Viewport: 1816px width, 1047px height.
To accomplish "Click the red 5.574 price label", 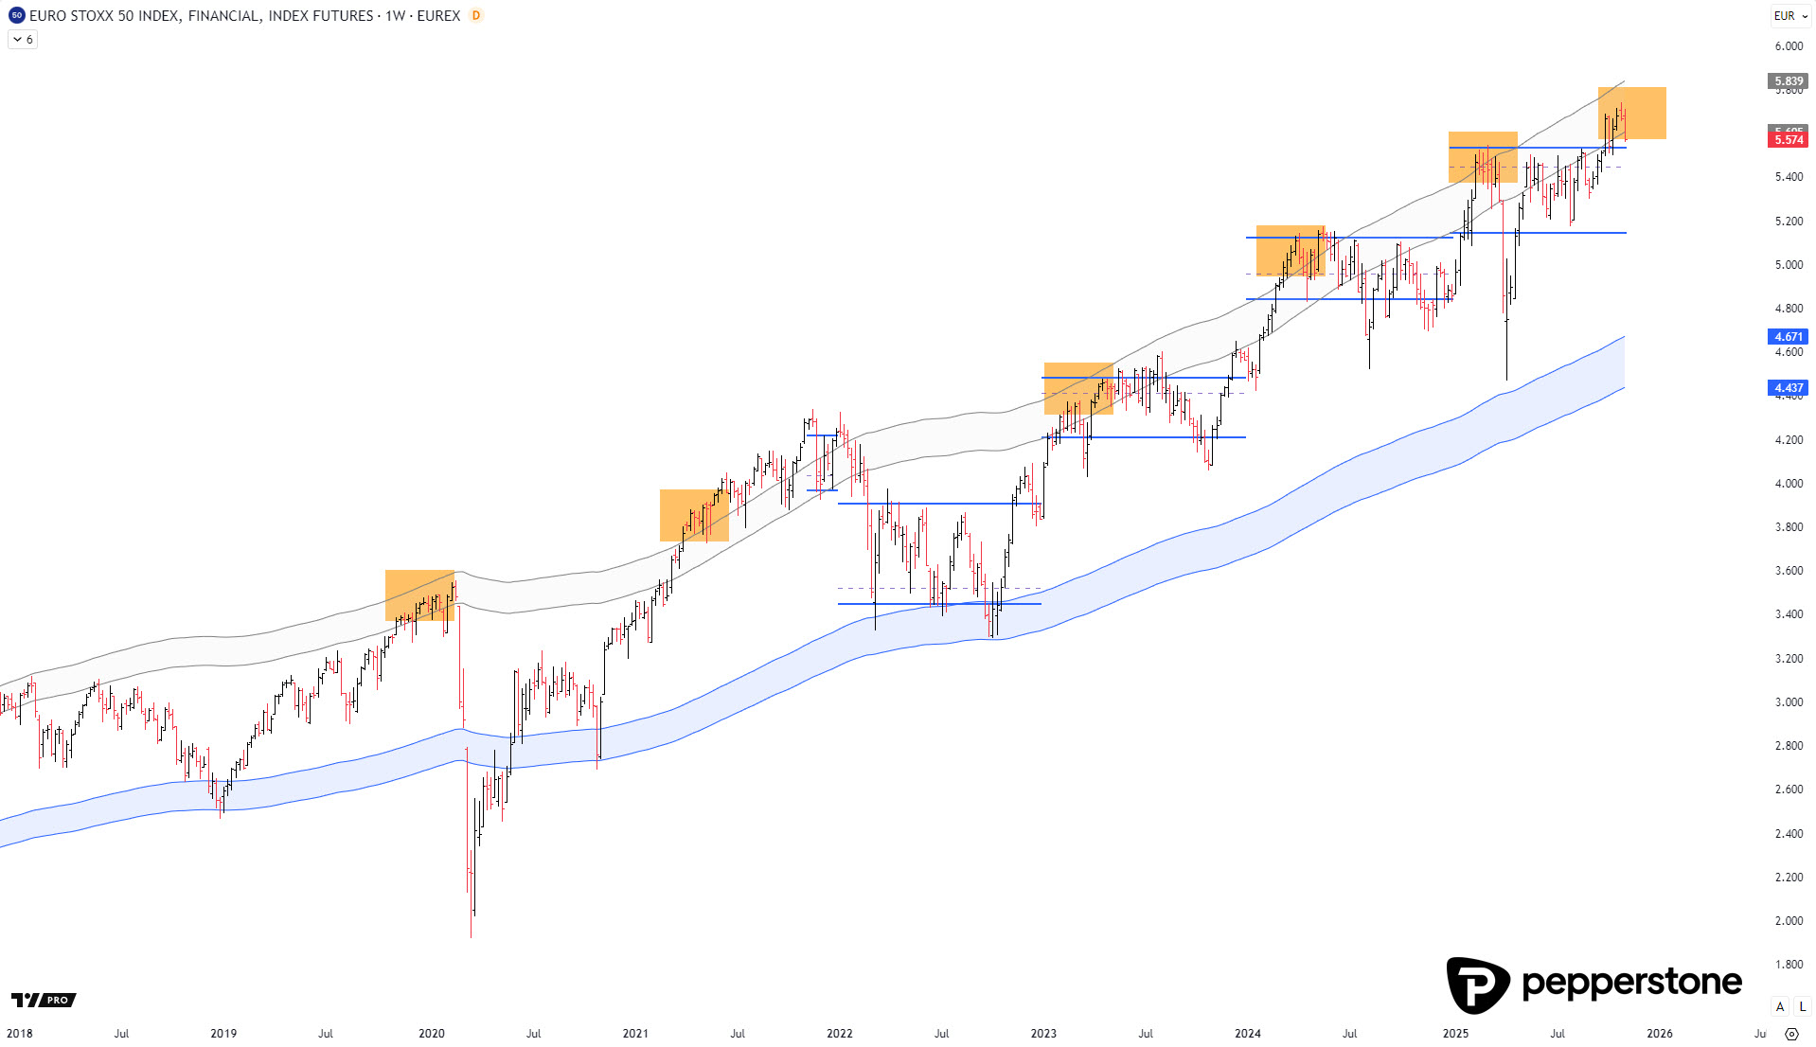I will coord(1788,140).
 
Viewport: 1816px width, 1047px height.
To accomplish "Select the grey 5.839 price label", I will coord(1788,81).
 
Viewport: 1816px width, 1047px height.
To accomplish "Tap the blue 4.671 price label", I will coord(1788,337).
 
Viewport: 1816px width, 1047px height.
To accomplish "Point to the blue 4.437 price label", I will coord(1788,388).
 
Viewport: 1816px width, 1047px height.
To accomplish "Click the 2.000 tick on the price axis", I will coord(1789,921).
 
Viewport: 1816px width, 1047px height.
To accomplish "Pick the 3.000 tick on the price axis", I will coord(1789,702).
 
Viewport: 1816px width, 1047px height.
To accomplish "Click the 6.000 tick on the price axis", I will coord(1789,46).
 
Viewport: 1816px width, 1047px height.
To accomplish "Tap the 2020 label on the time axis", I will coord(432,1034).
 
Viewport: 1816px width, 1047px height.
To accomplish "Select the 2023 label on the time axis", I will coord(1043,1034).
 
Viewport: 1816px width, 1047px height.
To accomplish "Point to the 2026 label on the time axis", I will coord(1659,1034).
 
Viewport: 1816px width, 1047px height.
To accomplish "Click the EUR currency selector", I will coord(1789,16).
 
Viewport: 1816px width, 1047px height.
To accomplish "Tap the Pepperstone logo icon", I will coord(1477,985).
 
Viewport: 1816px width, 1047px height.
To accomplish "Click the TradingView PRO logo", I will coord(44,1001).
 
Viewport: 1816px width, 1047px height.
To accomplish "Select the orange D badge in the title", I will coord(476,16).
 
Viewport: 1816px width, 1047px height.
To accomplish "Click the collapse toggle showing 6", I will coord(23,40).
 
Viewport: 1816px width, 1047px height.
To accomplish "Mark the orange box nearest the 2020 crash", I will coord(419,595).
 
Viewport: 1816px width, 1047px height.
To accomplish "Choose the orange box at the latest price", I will coord(1632,114).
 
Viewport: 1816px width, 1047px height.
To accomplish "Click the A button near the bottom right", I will coord(1780,1006).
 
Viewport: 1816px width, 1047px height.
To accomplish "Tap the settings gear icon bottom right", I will coord(1791,1034).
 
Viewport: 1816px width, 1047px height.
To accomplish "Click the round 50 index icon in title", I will coord(16,16).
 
